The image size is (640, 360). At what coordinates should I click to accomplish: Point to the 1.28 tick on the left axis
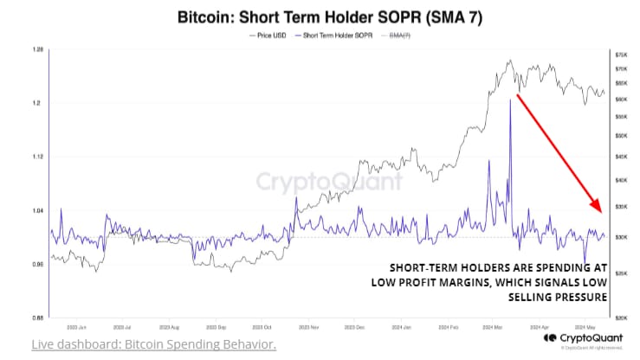coord(37,49)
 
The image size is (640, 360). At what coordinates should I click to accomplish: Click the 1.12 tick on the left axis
coord(37,157)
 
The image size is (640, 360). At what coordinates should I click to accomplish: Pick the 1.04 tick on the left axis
coord(37,210)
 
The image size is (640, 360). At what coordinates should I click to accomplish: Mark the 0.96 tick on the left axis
coord(37,264)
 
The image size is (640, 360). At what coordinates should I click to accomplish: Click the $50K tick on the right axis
coord(620,136)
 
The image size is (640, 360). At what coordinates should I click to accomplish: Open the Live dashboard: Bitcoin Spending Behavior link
coord(153,344)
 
